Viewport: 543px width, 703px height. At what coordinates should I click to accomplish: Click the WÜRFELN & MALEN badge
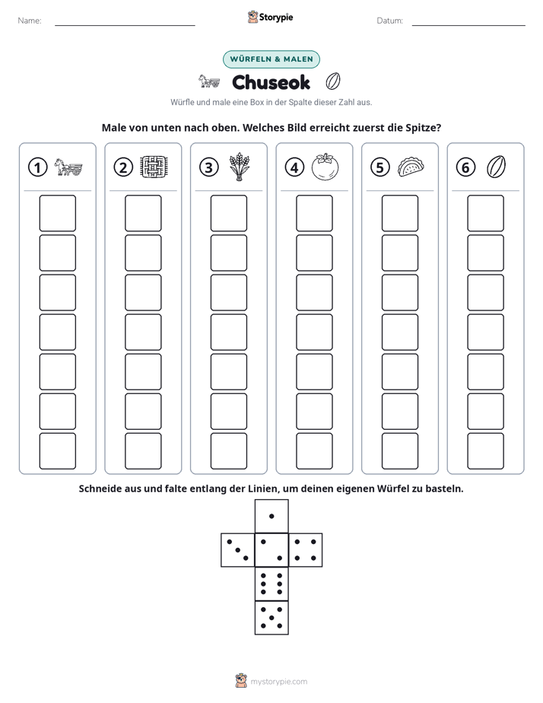click(x=271, y=59)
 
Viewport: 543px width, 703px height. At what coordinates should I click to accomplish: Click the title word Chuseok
click(x=271, y=82)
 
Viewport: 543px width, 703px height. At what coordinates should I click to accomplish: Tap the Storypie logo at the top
click(x=271, y=17)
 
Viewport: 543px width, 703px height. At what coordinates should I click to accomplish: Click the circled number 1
click(x=37, y=167)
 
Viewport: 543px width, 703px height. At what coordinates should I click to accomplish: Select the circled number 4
click(x=294, y=167)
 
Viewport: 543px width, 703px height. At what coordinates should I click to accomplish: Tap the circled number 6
click(x=465, y=167)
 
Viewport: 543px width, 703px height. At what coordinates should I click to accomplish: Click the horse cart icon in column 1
click(x=68, y=167)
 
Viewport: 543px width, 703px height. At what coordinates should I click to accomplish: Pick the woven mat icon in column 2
click(x=154, y=167)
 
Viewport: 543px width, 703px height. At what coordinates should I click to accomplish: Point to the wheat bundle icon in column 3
click(x=240, y=167)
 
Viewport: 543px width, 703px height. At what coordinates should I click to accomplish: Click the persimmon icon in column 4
click(x=325, y=167)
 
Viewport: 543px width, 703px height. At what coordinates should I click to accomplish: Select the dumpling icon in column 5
click(x=411, y=167)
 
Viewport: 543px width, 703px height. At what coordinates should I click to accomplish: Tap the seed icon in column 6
click(x=496, y=167)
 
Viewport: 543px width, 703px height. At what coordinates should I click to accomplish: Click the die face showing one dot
click(x=271, y=516)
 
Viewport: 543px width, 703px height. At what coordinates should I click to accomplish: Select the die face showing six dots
click(x=271, y=584)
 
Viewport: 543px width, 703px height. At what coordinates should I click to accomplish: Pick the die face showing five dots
click(x=271, y=618)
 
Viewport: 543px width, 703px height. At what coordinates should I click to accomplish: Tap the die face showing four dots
click(x=306, y=550)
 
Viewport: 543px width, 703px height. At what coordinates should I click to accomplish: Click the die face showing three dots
click(x=238, y=550)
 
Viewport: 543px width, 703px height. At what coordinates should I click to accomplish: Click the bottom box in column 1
click(x=58, y=451)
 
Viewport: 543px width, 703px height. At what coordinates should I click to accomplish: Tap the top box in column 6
click(x=486, y=213)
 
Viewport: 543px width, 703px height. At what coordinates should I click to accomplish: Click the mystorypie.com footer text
click(x=278, y=682)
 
